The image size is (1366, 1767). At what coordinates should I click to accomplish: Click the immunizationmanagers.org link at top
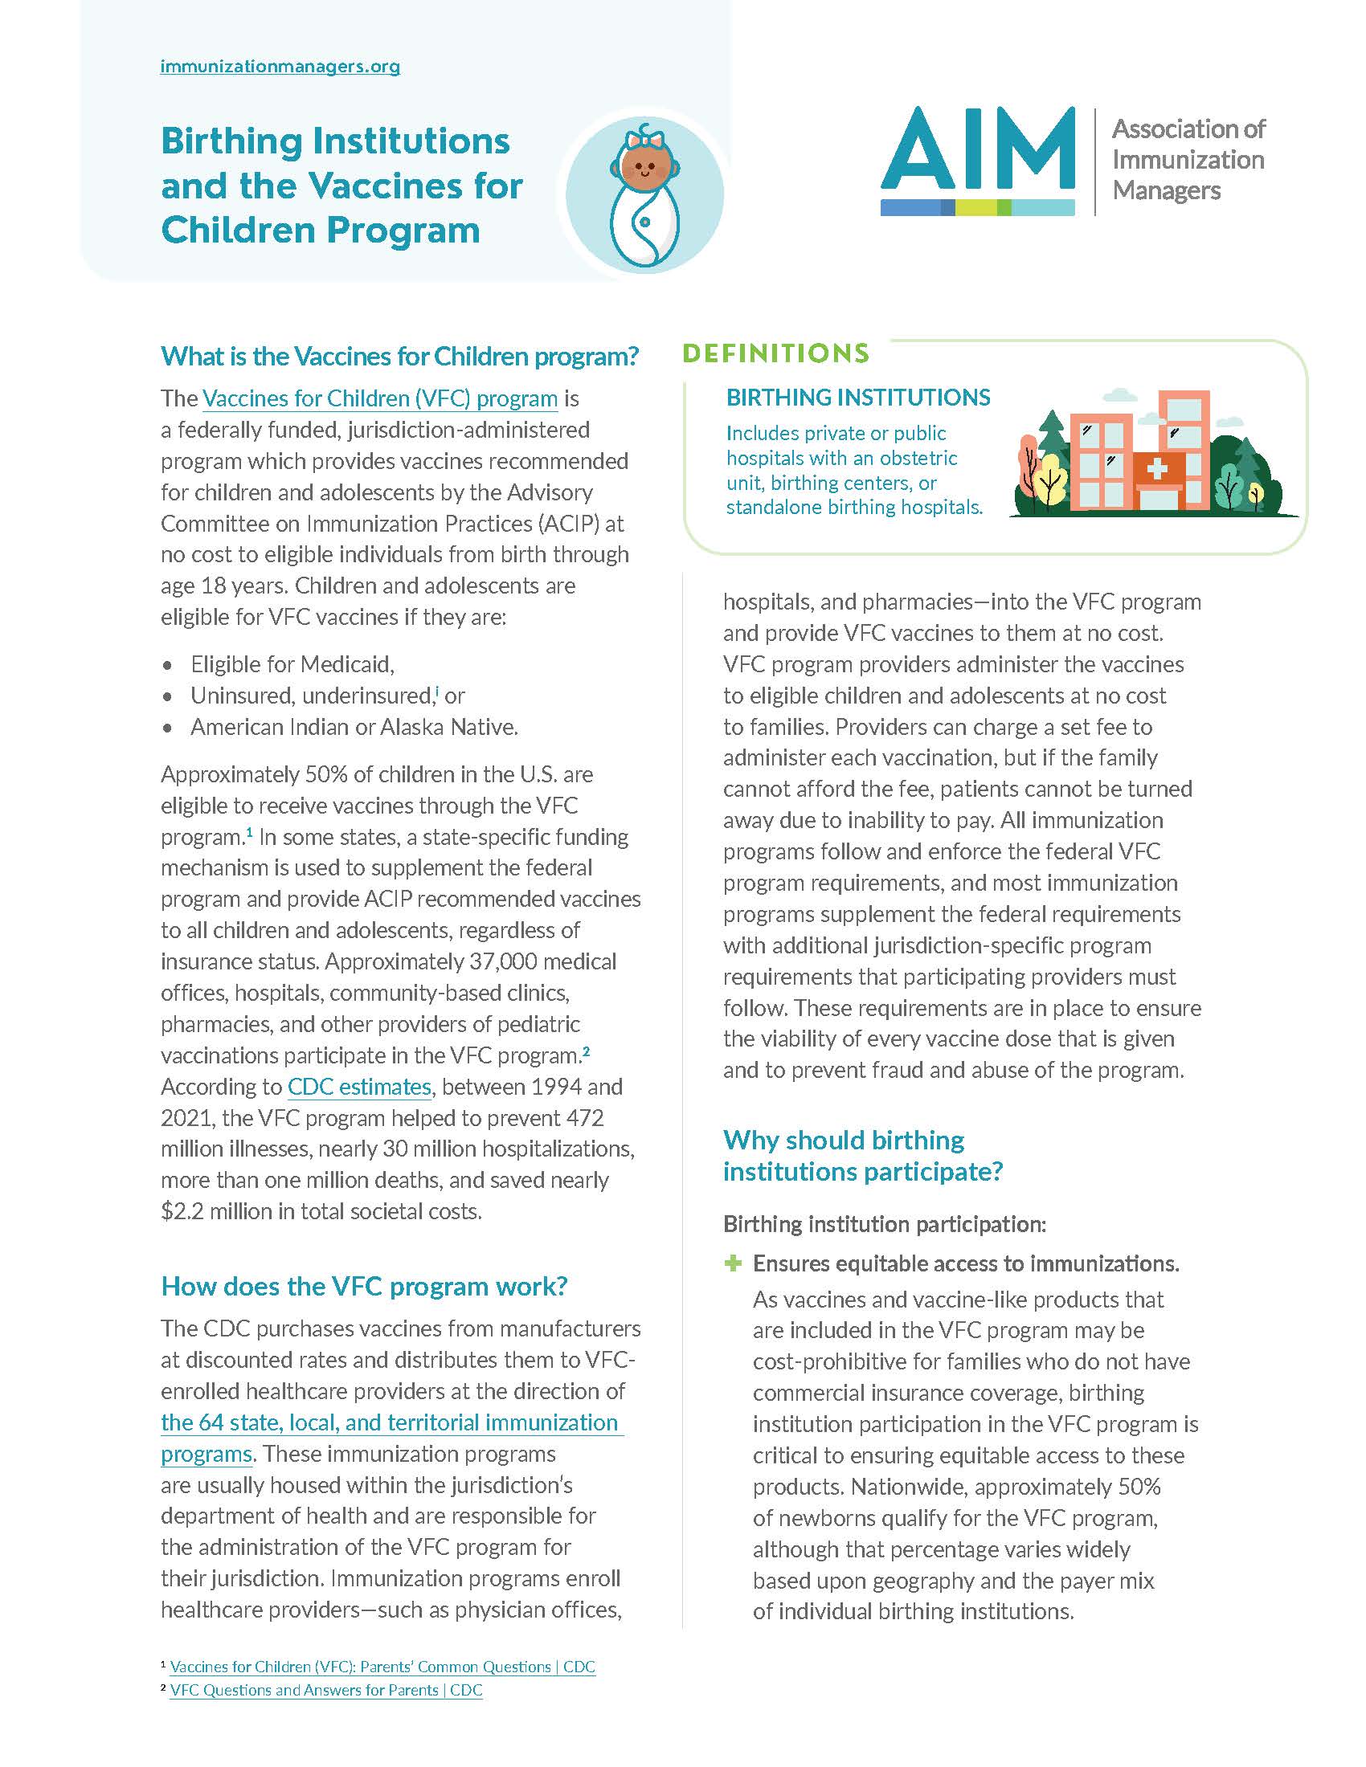coord(280,67)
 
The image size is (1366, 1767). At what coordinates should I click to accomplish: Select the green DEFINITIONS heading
coord(775,353)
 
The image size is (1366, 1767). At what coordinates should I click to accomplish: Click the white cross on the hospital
coord(1155,470)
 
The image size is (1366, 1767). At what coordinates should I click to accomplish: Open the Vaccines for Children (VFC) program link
coord(379,399)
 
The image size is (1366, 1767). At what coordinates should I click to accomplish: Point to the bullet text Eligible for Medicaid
coord(292,664)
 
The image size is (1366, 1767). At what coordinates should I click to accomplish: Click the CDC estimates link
coord(359,1087)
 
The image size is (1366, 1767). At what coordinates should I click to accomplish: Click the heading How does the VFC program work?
coord(364,1286)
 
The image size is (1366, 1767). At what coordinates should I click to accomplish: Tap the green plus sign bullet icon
coord(733,1263)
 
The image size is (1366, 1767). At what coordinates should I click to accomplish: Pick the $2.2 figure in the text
coord(182,1211)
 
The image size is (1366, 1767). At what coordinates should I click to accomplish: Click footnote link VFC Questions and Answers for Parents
coord(326,1690)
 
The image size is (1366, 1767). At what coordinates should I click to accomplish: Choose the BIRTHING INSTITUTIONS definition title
coord(858,398)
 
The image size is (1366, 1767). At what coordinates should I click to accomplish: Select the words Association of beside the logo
coord(1188,129)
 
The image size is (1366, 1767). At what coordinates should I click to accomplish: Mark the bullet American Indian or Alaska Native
coord(354,728)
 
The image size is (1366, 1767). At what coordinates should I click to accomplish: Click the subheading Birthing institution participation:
coord(885,1224)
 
